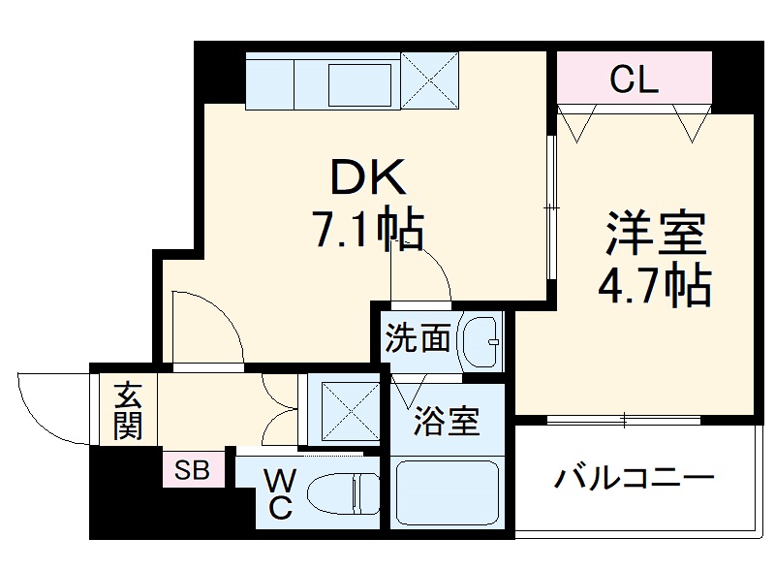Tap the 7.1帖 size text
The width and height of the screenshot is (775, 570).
[x=365, y=231]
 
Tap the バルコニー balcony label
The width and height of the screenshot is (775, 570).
[x=635, y=478]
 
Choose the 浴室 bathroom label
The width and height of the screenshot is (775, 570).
[x=448, y=423]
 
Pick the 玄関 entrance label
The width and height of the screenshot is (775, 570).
[x=127, y=410]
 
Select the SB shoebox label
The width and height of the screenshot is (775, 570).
[x=191, y=472]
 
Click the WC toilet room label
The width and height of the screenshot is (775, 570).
[x=279, y=493]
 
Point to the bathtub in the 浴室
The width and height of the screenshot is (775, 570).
[x=447, y=491]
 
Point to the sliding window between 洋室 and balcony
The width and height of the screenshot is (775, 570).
[x=625, y=420]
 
